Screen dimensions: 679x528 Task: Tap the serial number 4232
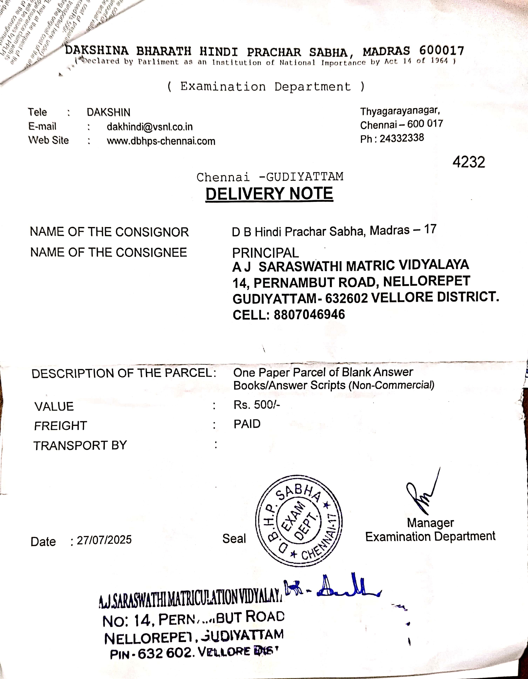click(469, 162)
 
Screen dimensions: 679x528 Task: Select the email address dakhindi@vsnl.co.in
click(150, 127)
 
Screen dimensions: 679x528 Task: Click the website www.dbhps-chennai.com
click(161, 141)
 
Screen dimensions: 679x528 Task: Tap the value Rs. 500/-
click(257, 405)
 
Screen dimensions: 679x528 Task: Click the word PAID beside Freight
click(247, 424)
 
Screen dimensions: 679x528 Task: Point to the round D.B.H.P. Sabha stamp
click(299, 521)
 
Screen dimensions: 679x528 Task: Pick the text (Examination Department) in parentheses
click(266, 86)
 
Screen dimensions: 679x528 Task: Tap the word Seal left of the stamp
click(234, 539)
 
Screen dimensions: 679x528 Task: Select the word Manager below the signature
click(430, 523)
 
